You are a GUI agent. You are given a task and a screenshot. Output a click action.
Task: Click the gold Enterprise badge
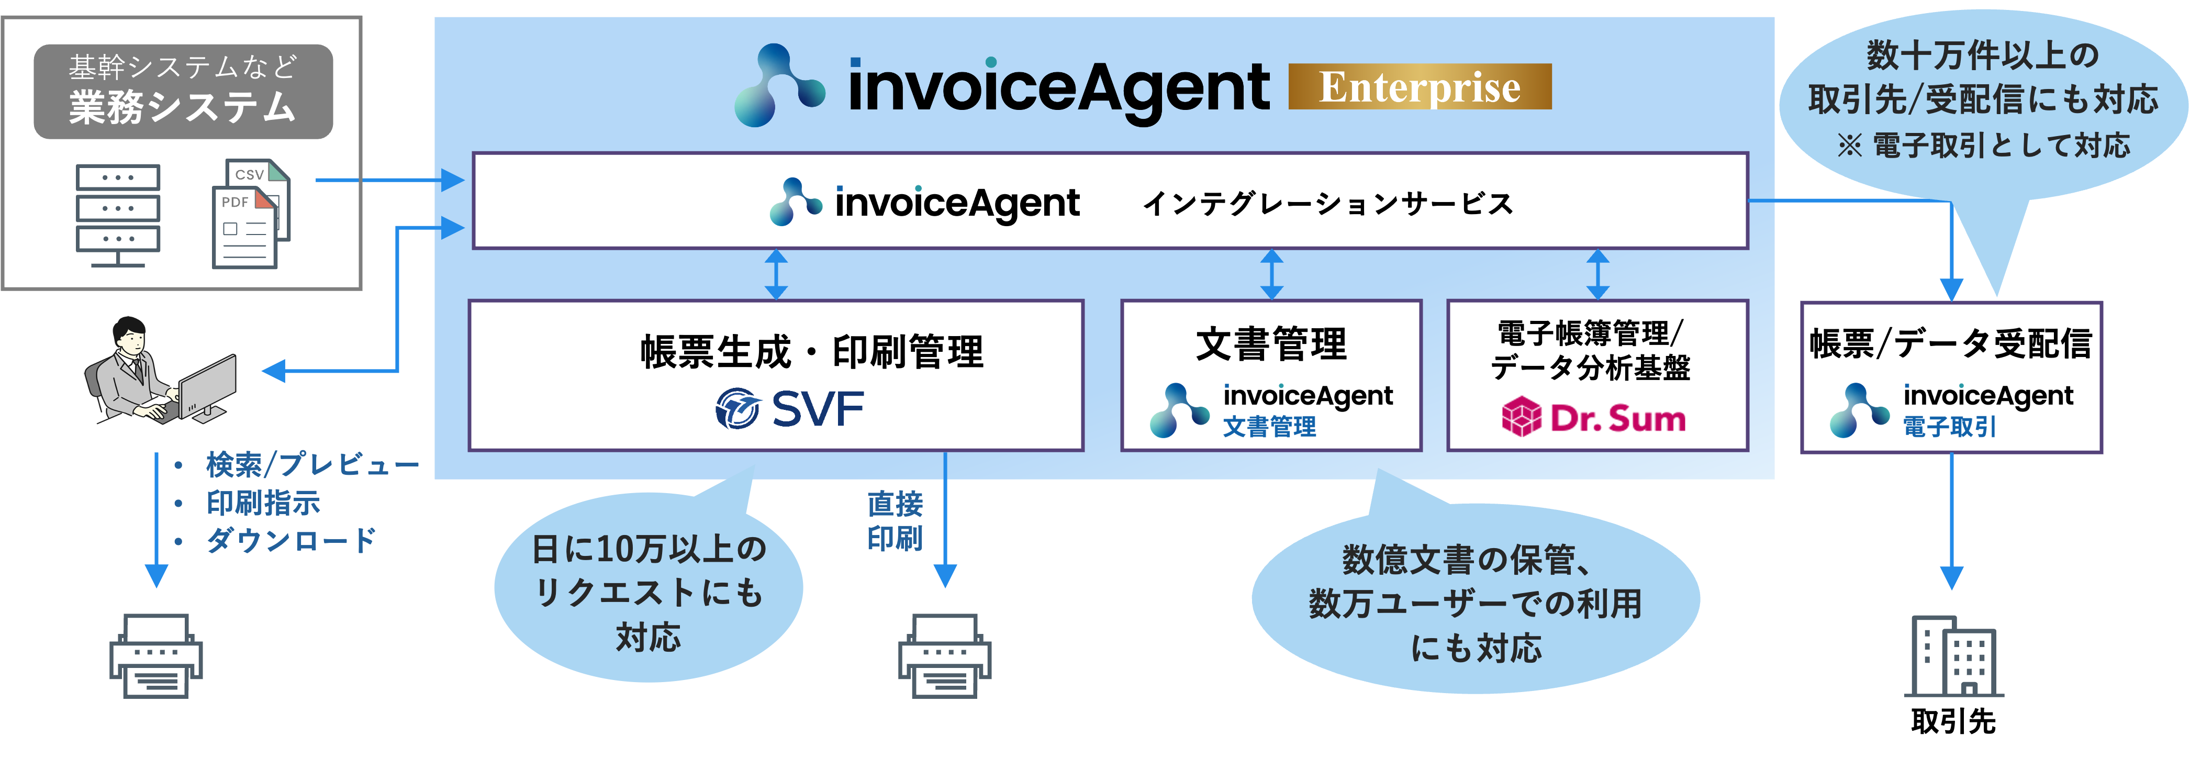[1419, 87]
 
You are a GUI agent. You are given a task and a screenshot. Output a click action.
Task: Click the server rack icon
[117, 213]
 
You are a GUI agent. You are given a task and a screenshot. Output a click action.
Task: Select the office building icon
[1953, 656]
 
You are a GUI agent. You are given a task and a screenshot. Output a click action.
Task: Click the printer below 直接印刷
[945, 656]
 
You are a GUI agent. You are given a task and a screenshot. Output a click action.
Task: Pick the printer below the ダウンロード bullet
[155, 656]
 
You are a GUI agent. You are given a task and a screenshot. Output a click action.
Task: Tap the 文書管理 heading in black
[1270, 344]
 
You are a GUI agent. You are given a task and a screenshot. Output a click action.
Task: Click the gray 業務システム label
[183, 92]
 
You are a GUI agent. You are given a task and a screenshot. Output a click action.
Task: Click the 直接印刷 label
[895, 521]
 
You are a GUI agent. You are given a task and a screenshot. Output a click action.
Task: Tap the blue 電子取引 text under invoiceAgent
[1949, 427]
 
